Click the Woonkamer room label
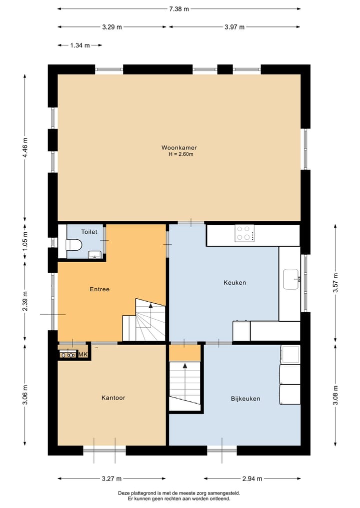(179, 148)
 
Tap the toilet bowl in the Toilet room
(73, 245)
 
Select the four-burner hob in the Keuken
(245, 233)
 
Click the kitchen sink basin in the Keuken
(290, 279)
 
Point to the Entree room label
(99, 289)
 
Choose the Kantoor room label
(113, 398)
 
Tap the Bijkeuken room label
(245, 399)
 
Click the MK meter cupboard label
(83, 355)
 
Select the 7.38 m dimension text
(178, 9)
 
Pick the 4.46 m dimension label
(25, 148)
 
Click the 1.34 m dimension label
(80, 45)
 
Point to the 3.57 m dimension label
(335, 283)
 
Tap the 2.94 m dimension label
(252, 479)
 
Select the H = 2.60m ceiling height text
(180, 154)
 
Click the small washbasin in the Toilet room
(94, 255)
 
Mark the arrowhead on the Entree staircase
(150, 305)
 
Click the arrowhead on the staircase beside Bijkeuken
(185, 366)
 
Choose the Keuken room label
(235, 283)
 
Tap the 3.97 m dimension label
(234, 27)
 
